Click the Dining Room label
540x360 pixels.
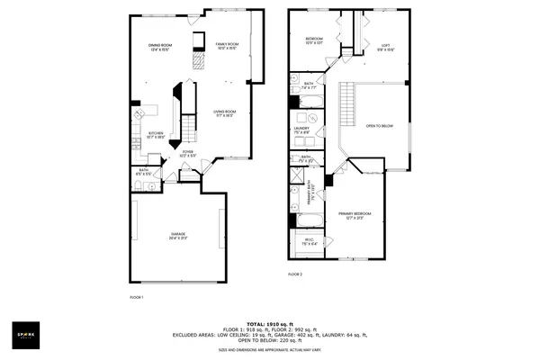(160, 47)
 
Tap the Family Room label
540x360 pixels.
(227, 46)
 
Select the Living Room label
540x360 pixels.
(224, 113)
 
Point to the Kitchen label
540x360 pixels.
(156, 135)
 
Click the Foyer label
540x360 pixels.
(188, 154)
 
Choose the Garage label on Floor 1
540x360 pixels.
(178, 235)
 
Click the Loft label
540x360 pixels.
(384, 47)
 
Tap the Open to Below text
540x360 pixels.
(380, 126)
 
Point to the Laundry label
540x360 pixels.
(301, 130)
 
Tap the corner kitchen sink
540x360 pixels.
(139, 115)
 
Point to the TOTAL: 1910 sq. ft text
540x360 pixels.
(269, 322)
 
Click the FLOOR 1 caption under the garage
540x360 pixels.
(137, 296)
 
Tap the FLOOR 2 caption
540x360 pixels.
(295, 274)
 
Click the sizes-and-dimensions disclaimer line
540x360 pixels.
(269, 350)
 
